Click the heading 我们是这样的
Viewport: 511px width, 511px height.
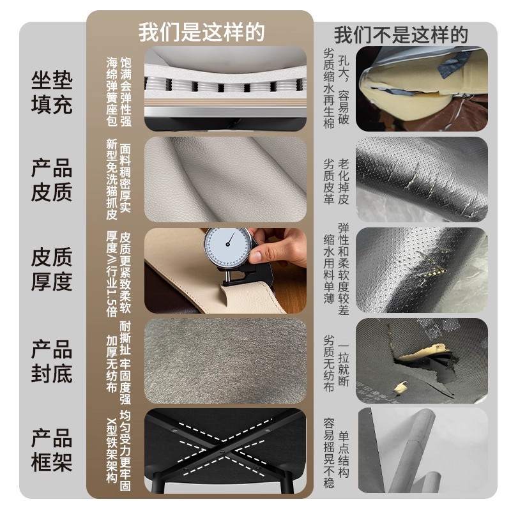[201, 32]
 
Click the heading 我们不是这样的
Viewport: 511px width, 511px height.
[401, 35]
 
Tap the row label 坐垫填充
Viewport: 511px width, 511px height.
[52, 93]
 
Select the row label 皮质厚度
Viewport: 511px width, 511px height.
[52, 269]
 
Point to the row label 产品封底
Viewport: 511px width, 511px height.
[52, 361]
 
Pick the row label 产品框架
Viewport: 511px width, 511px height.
[52, 450]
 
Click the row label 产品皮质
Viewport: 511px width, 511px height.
[52, 180]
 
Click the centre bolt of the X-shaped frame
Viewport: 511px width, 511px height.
[222, 452]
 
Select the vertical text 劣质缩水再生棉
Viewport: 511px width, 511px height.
[329, 88]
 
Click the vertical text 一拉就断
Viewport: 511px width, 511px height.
[344, 365]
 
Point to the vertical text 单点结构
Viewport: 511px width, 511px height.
[344, 454]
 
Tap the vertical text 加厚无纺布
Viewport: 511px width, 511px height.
[111, 363]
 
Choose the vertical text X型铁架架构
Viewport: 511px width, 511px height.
[111, 450]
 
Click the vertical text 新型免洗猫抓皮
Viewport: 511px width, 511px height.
[111, 179]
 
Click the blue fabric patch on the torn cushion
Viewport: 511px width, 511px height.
[454, 65]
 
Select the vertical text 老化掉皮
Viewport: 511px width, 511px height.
[344, 181]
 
